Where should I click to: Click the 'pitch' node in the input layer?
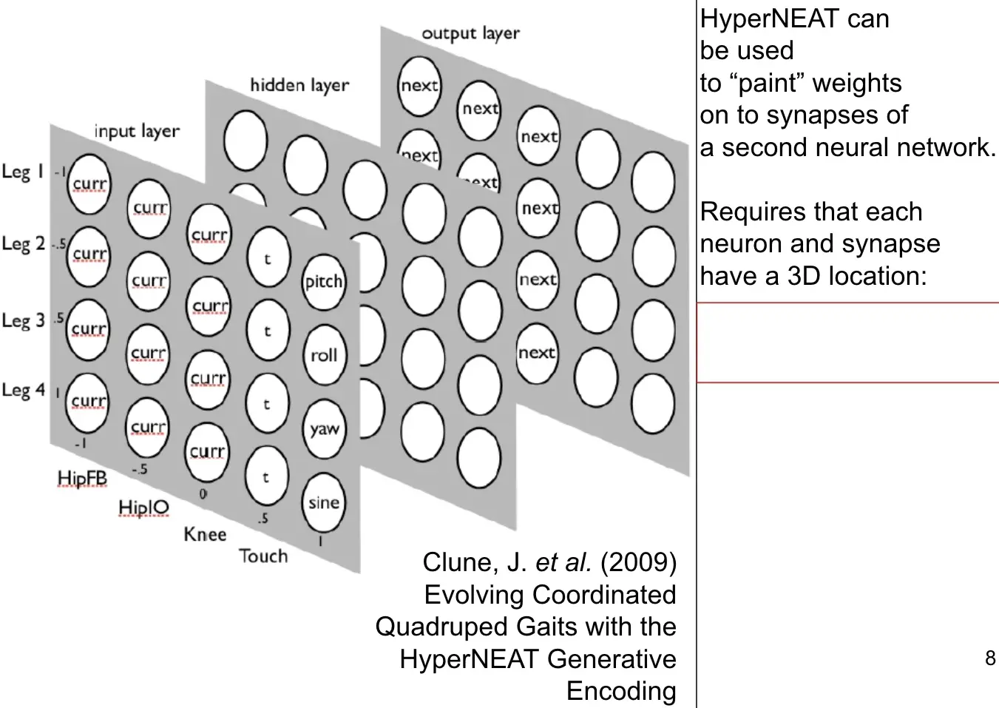point(324,281)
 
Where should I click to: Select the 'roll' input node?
point(324,355)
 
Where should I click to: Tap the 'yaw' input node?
point(324,429)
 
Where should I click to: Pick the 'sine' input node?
point(324,503)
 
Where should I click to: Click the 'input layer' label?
point(137,132)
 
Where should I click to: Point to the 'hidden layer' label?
point(299,86)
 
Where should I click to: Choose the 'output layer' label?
point(470,33)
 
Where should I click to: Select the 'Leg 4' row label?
point(23,390)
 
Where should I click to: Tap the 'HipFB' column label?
point(82,479)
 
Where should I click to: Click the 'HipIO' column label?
point(143,507)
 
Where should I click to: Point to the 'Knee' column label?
point(205,534)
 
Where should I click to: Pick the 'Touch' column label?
point(263,556)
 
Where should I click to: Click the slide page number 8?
point(990,658)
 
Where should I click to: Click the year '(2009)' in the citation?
point(638,562)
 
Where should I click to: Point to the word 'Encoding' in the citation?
point(621,690)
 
